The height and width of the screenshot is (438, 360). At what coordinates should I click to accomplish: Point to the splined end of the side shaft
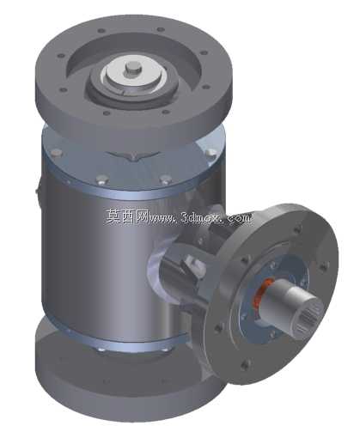309,318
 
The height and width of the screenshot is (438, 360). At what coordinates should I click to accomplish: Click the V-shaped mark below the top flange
132,156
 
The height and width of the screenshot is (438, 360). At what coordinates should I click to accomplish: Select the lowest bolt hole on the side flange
246,364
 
